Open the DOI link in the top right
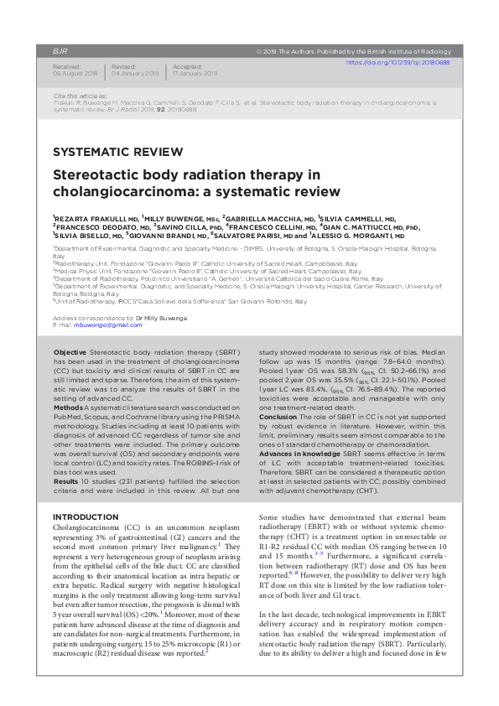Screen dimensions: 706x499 click(x=398, y=62)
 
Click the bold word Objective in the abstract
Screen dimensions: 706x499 click(x=70, y=353)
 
